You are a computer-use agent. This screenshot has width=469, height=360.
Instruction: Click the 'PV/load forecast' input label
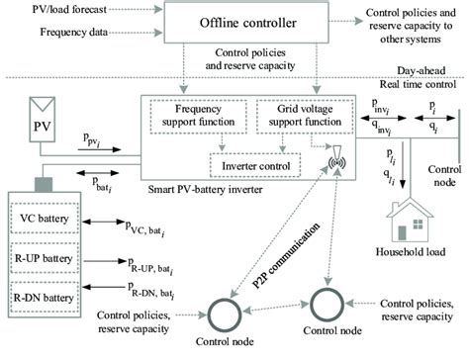pos(49,12)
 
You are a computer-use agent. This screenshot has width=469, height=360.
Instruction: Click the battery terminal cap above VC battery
pos(45,184)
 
